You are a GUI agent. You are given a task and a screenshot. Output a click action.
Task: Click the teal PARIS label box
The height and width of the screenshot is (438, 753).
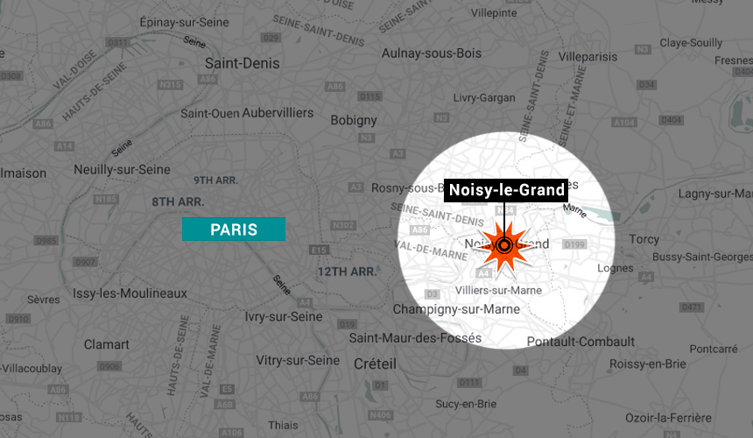pos(233,230)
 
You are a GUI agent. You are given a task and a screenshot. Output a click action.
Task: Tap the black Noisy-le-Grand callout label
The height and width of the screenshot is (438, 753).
pos(507,190)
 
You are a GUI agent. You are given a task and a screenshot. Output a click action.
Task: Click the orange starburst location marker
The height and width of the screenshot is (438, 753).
pos(505,246)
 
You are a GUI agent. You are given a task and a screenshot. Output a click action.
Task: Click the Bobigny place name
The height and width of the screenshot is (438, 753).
pos(354,120)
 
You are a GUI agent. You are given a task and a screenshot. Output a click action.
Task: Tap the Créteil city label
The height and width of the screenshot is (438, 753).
pos(375,364)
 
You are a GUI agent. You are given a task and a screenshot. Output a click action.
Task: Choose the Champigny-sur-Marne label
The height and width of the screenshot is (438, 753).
pos(456,309)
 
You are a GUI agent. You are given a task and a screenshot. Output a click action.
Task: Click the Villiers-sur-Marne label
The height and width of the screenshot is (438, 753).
pos(496,290)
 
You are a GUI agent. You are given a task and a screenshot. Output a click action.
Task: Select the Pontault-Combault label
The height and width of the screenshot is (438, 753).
pos(581,341)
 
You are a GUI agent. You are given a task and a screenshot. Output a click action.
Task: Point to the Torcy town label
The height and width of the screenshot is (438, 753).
pos(644,239)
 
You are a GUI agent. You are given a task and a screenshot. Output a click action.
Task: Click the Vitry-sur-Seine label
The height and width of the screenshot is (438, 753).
pos(298,360)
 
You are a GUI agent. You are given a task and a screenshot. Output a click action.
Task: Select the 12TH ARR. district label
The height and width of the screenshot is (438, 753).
pos(347,272)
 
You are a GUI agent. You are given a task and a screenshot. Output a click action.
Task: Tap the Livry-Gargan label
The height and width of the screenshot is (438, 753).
pos(484,98)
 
